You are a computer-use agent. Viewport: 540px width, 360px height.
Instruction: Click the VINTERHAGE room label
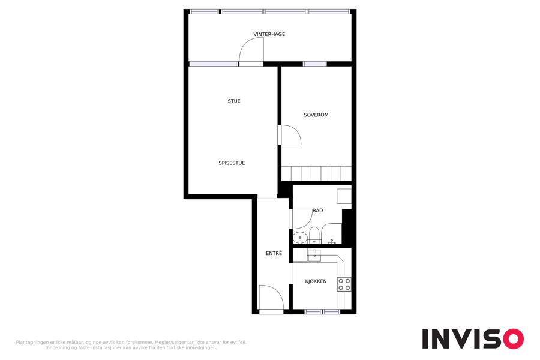269,34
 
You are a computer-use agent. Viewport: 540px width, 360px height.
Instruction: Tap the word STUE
234,101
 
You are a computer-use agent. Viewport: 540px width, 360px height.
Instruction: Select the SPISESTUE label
232,163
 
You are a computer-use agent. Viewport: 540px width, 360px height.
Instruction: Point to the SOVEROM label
316,115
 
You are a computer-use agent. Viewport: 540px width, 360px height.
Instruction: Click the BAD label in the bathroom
317,211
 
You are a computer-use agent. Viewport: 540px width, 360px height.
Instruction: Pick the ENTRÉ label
274,253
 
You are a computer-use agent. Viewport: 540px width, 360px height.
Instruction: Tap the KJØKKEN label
316,281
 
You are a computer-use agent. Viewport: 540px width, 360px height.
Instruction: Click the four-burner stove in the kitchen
344,284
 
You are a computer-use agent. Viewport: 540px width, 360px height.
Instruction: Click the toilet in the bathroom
314,235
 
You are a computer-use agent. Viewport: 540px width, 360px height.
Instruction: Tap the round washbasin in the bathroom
300,238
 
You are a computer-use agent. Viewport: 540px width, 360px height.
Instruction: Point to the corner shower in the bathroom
331,233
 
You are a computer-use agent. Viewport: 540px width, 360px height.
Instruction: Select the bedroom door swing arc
295,131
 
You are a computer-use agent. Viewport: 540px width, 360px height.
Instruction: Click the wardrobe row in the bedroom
316,173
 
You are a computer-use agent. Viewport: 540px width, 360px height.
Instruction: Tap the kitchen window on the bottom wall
323,312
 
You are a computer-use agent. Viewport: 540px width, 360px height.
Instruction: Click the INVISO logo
473,338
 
